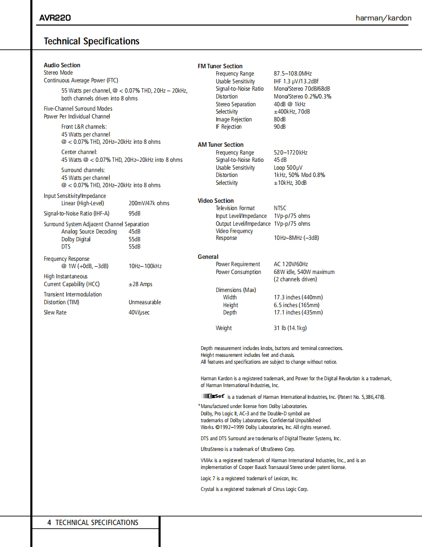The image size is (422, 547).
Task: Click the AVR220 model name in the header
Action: tap(55, 18)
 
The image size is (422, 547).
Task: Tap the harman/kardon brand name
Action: tap(384, 18)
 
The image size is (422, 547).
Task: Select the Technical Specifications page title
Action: tap(92, 41)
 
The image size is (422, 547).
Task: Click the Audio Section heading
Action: tap(62, 65)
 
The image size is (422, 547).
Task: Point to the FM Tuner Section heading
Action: tap(220, 66)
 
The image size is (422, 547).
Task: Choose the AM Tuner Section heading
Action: tap(220, 145)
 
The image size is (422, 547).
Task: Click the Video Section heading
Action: tap(215, 201)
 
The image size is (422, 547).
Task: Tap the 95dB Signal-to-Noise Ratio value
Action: tap(134, 214)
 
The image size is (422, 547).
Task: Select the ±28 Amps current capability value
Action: tap(140, 284)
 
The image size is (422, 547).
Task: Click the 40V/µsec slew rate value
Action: tap(139, 313)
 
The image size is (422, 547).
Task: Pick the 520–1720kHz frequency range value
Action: tap(290, 153)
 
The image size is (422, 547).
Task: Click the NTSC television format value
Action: tap(280, 208)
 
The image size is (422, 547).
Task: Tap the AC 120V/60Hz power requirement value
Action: tap(291, 264)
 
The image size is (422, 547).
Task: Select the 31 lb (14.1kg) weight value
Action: tap(290, 328)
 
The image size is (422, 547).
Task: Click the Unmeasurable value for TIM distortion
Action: tap(145, 302)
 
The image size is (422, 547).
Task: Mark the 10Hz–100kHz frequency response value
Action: tap(145, 266)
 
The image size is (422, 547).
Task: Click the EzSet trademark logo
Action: tap(213, 396)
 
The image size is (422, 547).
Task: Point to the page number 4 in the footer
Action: tap(49, 523)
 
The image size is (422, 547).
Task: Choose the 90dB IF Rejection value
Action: tap(280, 127)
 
